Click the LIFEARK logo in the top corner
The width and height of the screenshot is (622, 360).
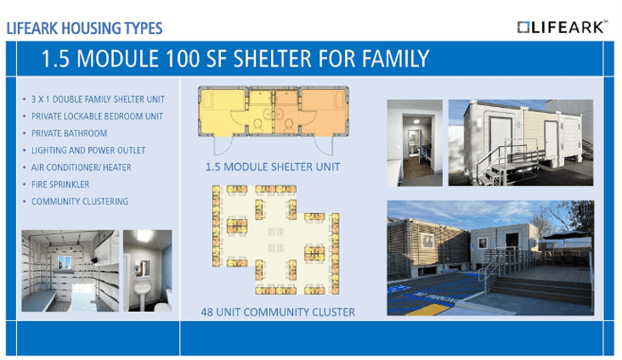click(562, 27)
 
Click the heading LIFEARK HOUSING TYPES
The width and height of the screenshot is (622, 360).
click(85, 29)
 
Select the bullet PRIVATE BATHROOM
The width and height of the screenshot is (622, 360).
click(69, 133)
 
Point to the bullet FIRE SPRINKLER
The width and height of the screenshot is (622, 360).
click(61, 184)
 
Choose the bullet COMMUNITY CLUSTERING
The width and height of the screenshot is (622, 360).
click(79, 201)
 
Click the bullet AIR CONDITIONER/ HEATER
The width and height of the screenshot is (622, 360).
click(81, 168)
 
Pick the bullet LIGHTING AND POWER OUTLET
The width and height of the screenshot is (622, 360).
click(88, 151)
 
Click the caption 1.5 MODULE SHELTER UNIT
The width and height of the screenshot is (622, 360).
click(273, 167)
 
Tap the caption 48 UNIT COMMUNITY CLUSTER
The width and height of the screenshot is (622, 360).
click(278, 312)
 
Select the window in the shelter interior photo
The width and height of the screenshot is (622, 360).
click(64, 262)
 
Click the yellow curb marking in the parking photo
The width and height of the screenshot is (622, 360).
click(428, 309)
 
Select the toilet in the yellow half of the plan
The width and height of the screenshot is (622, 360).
click(258, 125)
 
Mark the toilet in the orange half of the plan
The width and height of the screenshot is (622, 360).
click(289, 125)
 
